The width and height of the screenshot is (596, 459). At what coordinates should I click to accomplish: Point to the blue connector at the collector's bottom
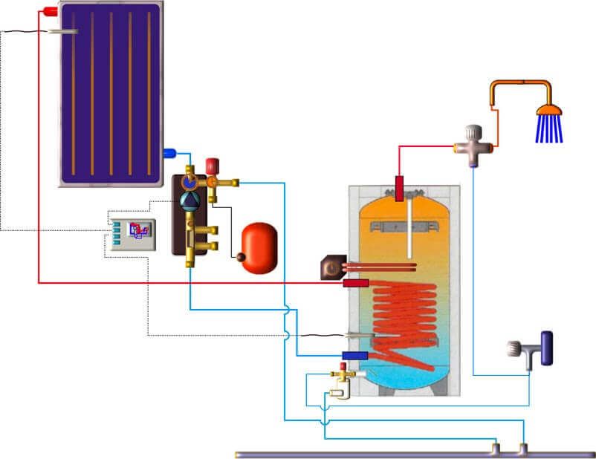(x=169, y=153)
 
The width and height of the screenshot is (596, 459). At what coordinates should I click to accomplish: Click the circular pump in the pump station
(x=189, y=198)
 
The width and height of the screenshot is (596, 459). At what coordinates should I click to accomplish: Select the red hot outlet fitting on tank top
(x=400, y=188)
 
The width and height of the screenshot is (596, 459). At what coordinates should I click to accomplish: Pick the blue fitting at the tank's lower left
(x=354, y=356)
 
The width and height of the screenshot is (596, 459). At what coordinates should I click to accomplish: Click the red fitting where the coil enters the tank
(x=356, y=283)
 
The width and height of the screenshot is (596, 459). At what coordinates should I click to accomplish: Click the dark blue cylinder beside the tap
(x=548, y=348)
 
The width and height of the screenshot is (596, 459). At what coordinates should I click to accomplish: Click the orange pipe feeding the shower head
(x=520, y=84)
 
